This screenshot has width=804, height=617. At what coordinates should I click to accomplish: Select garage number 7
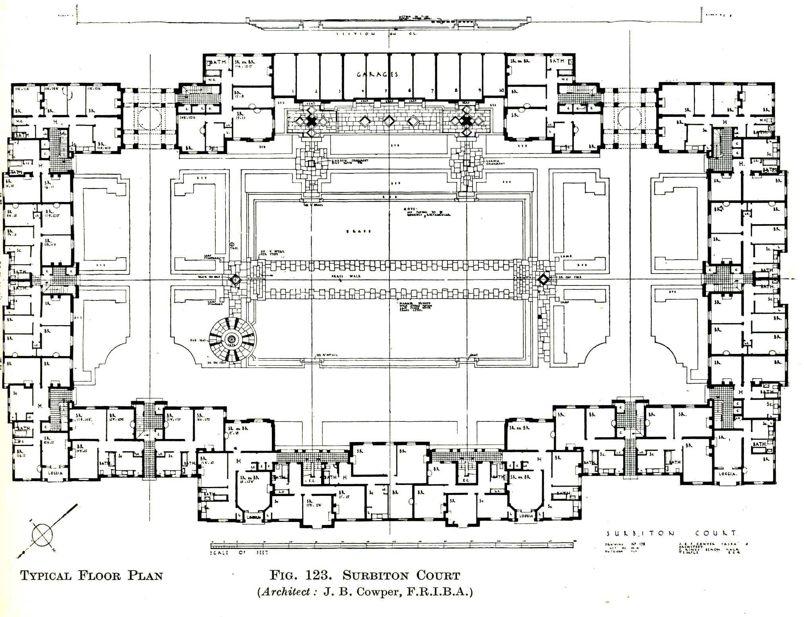coord(432,91)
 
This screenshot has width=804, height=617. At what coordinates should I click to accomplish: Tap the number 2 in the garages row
coord(316,91)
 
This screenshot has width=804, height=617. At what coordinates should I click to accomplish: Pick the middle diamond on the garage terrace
coord(388,120)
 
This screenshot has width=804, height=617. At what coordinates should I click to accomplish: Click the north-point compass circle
coord(42,535)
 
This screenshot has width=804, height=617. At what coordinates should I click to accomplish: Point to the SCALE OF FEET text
coord(239,553)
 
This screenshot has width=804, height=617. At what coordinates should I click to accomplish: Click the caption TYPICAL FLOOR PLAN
coord(91,576)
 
